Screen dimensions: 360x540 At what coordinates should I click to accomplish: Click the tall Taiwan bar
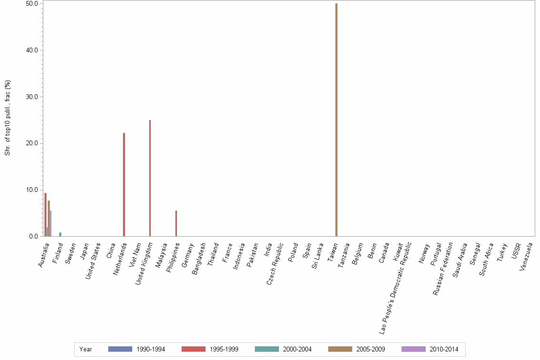pyautogui.click(x=336, y=120)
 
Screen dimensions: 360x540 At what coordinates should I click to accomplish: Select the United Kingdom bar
pyautogui.click(x=150, y=178)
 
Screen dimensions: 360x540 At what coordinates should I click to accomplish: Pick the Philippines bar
pyautogui.click(x=176, y=223)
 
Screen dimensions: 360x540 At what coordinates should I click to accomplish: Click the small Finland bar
pyautogui.click(x=60, y=234)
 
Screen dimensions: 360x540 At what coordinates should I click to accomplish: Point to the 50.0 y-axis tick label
pyautogui.click(x=32, y=3)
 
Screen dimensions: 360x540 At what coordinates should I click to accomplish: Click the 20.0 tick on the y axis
pyautogui.click(x=32, y=143)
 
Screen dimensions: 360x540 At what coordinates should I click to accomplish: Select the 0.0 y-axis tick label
pyautogui.click(x=34, y=237)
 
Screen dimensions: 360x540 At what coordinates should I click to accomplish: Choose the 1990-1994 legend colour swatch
pyautogui.click(x=120, y=349)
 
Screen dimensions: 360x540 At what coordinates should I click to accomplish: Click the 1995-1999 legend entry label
pyautogui.click(x=224, y=350)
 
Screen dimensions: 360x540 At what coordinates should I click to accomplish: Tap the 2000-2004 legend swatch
pyautogui.click(x=267, y=349)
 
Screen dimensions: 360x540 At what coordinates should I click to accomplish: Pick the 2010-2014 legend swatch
pyautogui.click(x=413, y=349)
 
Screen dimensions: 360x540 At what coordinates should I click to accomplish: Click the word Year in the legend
pyautogui.click(x=86, y=350)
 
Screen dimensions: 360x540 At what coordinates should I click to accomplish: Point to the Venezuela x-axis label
pyautogui.click(x=526, y=256)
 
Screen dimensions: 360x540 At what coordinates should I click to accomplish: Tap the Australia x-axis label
pyautogui.click(x=44, y=255)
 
